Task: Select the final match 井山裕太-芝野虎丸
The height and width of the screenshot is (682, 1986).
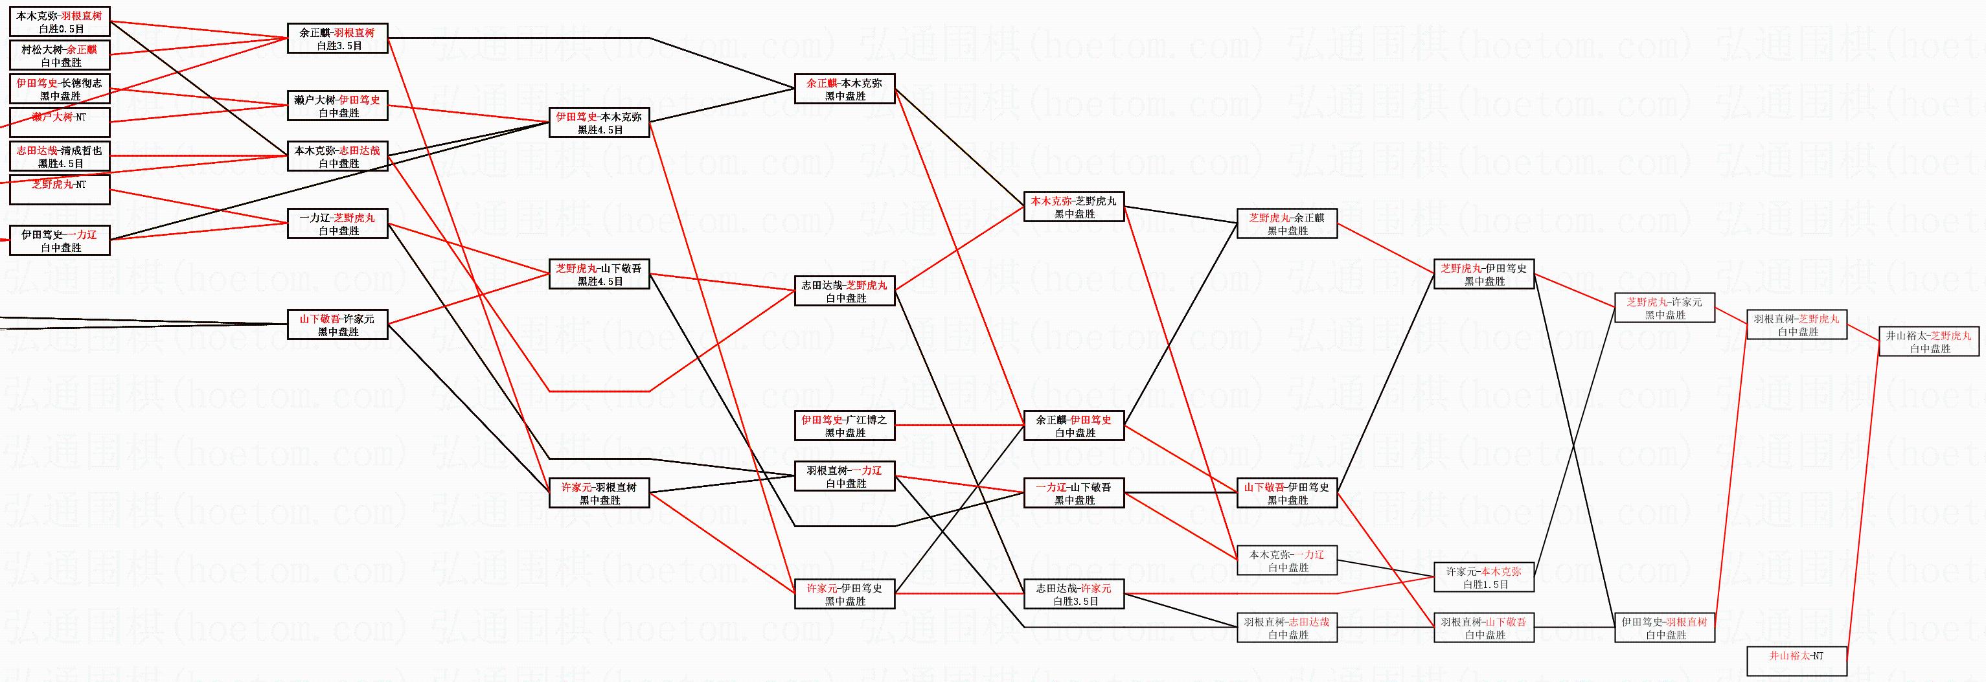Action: [1928, 341]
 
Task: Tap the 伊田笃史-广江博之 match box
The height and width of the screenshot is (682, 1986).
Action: [844, 426]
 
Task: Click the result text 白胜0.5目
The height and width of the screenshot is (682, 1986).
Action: [60, 29]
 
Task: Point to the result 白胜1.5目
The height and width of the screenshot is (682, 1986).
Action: [1484, 585]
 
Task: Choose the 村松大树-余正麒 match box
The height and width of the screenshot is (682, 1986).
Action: [60, 56]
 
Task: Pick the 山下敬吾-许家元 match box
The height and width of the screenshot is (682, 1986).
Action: [337, 324]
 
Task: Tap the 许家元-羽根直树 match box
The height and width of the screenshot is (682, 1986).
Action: [599, 493]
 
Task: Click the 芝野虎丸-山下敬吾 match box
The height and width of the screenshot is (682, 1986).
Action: [599, 275]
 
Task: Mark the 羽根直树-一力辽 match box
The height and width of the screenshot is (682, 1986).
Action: [844, 476]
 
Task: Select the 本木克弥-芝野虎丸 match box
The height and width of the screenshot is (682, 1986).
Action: [1074, 207]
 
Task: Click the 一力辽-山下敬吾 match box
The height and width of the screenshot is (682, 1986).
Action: [1074, 493]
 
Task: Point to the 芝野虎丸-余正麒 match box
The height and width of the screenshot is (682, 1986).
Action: [1286, 223]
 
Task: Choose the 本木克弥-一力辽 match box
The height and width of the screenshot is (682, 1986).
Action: [1286, 560]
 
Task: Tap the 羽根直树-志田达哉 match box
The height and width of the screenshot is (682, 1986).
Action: [1286, 628]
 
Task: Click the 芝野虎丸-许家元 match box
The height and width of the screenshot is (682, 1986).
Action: [1665, 308]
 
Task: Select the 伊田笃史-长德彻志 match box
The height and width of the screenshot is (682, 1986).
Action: [60, 89]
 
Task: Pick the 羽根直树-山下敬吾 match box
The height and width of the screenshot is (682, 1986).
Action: [1484, 628]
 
